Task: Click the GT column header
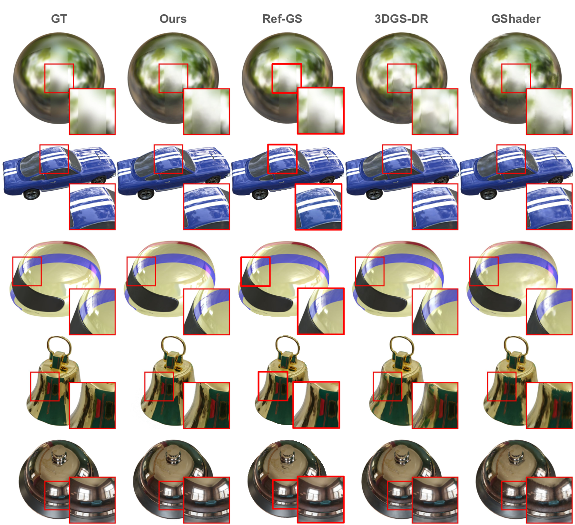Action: coord(59,19)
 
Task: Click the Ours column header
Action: coord(173,19)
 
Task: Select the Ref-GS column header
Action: coord(282,19)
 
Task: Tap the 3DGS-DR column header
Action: coord(401,19)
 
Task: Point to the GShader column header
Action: coord(516,19)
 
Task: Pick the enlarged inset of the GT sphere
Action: coord(92,111)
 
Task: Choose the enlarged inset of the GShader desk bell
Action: coord(549,500)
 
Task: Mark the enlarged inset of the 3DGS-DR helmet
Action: coord(435,311)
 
